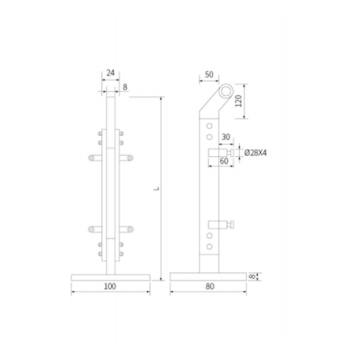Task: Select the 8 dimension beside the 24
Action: (x=124, y=87)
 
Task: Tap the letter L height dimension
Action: (x=154, y=191)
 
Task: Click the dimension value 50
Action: (x=208, y=76)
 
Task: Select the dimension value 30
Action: (x=224, y=137)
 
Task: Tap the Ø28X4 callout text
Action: (x=259, y=152)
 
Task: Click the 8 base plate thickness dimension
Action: (x=251, y=277)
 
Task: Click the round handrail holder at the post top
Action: (x=223, y=93)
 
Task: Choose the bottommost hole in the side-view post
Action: (x=210, y=254)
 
